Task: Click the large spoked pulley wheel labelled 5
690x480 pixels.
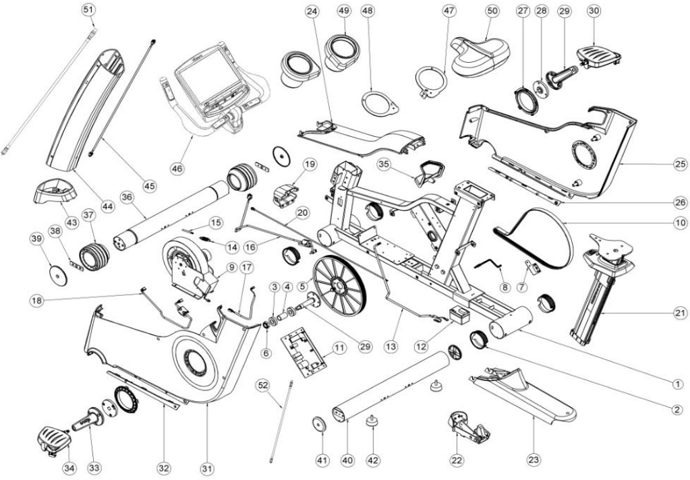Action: tap(337, 284)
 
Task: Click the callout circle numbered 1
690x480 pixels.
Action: tap(677, 382)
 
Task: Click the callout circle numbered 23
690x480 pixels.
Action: tap(535, 460)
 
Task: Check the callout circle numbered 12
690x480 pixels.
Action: tap(422, 347)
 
